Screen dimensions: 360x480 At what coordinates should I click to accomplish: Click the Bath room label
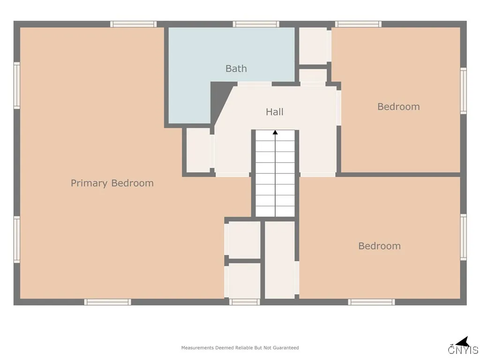coord(236,68)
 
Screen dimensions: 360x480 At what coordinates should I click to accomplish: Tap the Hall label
coord(275,112)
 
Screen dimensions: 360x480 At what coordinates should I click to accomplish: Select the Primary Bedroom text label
coord(112,183)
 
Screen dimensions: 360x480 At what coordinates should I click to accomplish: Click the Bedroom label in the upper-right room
coord(398,106)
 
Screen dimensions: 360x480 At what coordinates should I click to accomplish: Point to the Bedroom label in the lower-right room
coord(379,246)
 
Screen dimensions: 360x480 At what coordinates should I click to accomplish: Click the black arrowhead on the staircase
coord(275,133)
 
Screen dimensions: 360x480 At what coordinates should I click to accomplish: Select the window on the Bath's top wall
coord(256,24)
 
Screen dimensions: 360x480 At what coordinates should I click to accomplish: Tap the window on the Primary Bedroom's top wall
coord(133,24)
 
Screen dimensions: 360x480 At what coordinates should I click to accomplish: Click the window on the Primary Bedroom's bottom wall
coord(107,302)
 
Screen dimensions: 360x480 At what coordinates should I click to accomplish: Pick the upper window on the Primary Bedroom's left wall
coord(17,85)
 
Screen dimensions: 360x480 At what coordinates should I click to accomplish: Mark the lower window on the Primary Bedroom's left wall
coord(17,239)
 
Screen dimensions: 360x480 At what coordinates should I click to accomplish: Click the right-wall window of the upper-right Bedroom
coord(463,90)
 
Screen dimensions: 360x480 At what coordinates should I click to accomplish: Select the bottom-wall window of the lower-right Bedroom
coord(371,302)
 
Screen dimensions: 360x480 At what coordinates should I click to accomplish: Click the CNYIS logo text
coord(463,350)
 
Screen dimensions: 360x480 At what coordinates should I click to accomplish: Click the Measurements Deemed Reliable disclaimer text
coord(240,348)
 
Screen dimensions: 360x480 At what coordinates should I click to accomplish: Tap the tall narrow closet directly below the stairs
coord(280,259)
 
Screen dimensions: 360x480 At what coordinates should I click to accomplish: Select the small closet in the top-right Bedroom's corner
coord(313,45)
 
